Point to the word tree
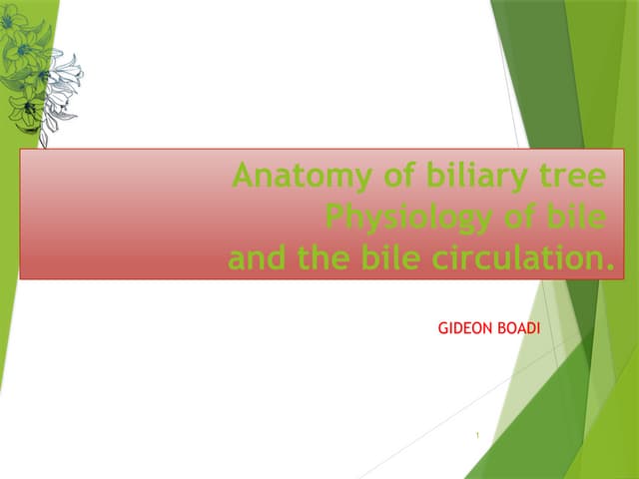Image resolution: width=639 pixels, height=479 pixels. (568, 178)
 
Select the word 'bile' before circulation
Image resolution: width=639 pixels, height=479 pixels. (391, 259)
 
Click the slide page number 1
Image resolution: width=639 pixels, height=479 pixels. (478, 434)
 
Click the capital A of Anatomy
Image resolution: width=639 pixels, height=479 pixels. (243, 178)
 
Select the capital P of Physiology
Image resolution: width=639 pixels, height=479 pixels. (335, 217)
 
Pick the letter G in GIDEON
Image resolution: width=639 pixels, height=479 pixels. (443, 327)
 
